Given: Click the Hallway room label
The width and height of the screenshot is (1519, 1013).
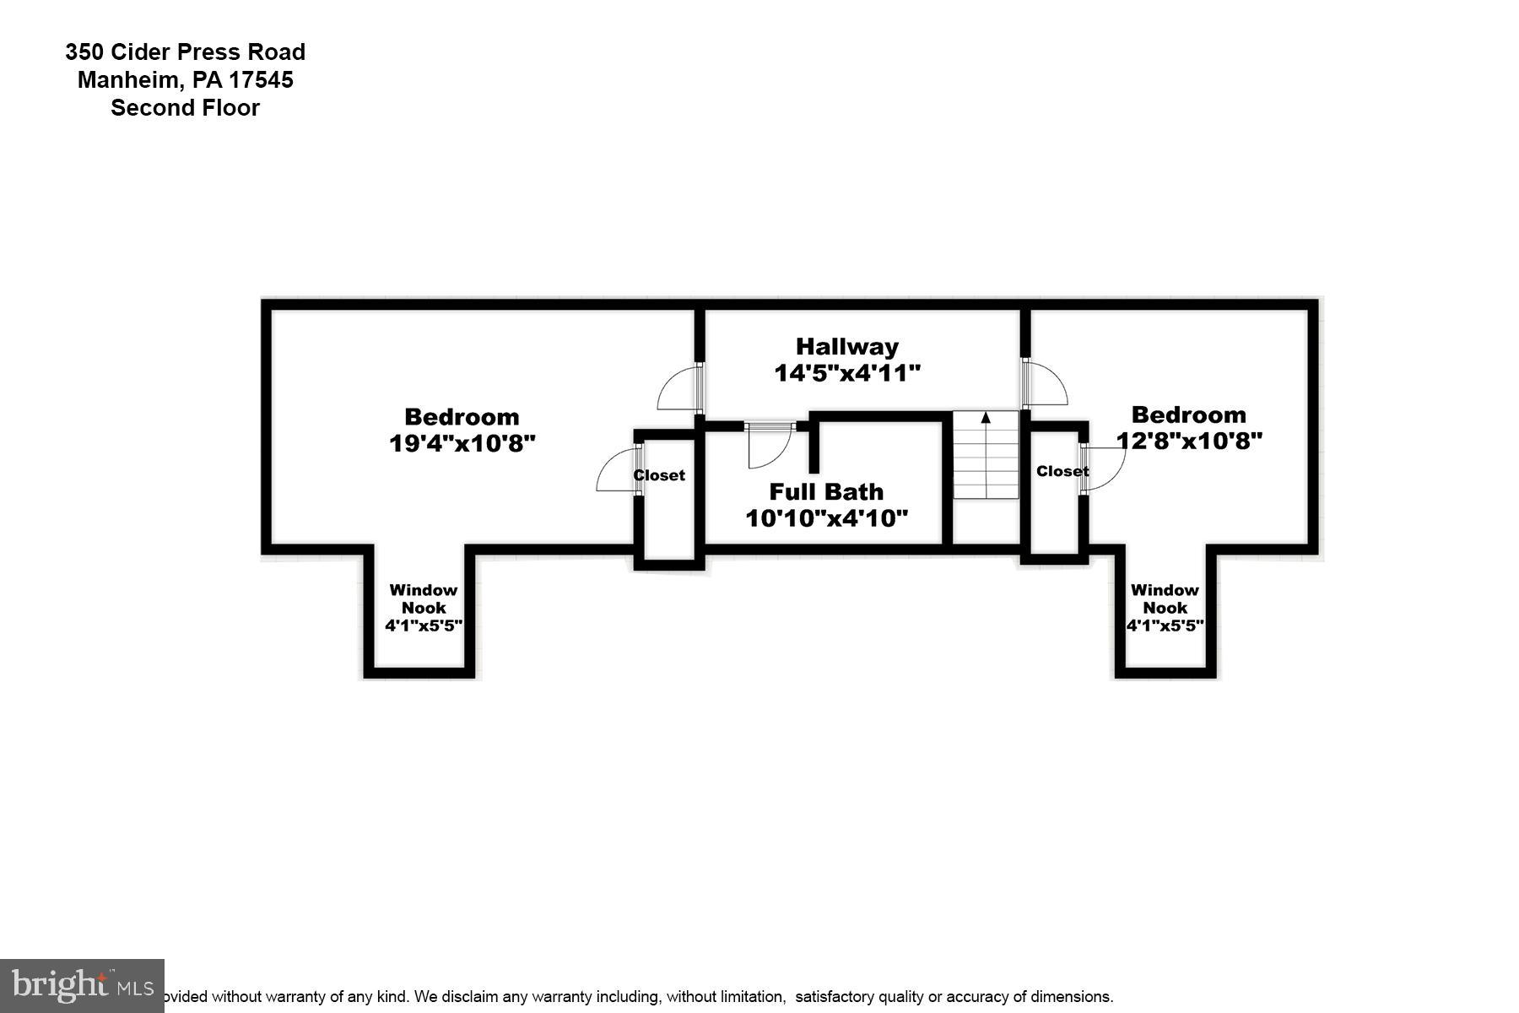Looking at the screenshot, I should click(846, 346).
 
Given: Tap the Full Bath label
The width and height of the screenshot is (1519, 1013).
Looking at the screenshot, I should click(826, 491).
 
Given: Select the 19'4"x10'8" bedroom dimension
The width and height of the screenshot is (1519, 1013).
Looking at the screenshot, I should click(462, 443).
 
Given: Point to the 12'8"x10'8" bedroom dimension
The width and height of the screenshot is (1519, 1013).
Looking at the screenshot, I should click(1189, 441).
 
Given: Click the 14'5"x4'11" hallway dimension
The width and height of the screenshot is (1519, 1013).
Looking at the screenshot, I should click(846, 372).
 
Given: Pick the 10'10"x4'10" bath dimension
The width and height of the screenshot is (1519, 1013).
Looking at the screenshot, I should click(826, 517).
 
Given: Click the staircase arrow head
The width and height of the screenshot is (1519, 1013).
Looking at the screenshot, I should click(986, 417).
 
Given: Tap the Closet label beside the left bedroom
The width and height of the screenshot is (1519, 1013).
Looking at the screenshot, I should click(659, 475).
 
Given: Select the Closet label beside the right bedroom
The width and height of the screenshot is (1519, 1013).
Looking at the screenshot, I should click(1062, 471).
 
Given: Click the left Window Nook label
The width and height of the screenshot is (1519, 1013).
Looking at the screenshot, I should click(424, 599).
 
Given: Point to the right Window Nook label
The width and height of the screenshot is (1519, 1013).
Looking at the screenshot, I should click(1165, 599).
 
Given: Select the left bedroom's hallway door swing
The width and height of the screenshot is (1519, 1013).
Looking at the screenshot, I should click(678, 388).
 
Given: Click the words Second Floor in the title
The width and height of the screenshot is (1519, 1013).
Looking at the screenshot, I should click(185, 108).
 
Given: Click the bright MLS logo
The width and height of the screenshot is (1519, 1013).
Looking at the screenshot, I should click(82, 985).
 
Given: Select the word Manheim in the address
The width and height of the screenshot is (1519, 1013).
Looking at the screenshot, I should click(127, 80).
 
